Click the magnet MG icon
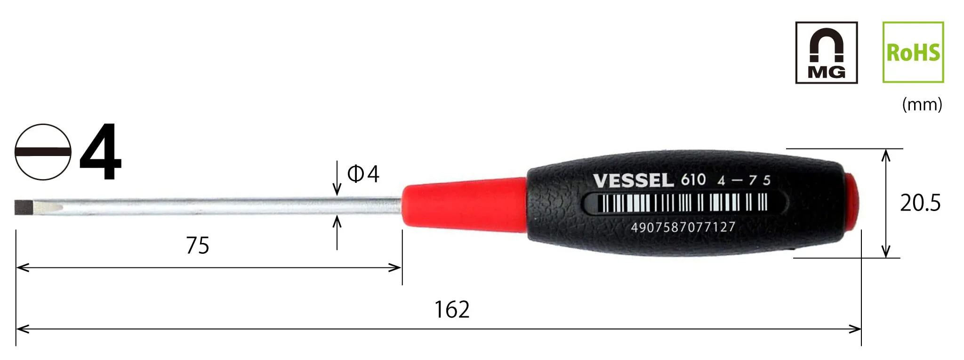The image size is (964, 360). (x=826, y=53)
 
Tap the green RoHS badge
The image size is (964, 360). (x=913, y=52)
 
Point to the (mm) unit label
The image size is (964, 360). (x=922, y=104)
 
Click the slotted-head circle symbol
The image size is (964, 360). (x=43, y=152)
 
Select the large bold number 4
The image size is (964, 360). (x=101, y=151)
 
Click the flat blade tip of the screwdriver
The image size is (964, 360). (x=21, y=207)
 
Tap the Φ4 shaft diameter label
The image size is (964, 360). (x=363, y=174)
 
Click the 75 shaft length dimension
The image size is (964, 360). (x=198, y=245)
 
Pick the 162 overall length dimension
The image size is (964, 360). (x=452, y=310)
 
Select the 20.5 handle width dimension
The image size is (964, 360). (x=920, y=203)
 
